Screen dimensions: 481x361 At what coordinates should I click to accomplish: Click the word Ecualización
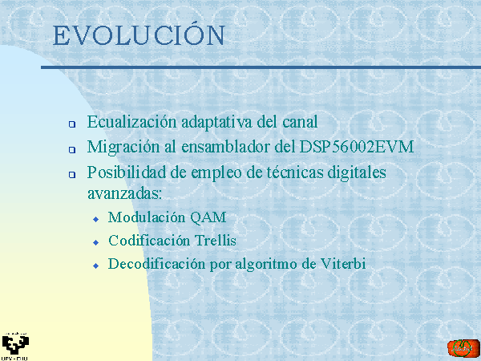(x=132, y=122)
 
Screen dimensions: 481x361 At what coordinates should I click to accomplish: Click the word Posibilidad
(x=127, y=172)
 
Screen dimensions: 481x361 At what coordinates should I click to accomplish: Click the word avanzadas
(x=124, y=194)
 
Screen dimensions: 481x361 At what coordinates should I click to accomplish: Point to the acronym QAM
(x=208, y=217)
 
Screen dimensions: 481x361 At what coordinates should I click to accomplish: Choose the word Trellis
(x=216, y=240)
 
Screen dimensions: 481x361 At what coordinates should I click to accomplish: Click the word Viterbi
(x=343, y=264)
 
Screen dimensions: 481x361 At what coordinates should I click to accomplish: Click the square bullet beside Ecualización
(x=72, y=124)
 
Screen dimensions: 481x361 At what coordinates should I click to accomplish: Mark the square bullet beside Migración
(x=72, y=149)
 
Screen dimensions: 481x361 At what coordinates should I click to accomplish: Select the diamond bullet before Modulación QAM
(x=96, y=219)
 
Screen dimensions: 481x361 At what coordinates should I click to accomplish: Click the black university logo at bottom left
(x=15, y=346)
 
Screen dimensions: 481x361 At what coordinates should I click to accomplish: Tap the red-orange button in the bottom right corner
(x=463, y=348)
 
